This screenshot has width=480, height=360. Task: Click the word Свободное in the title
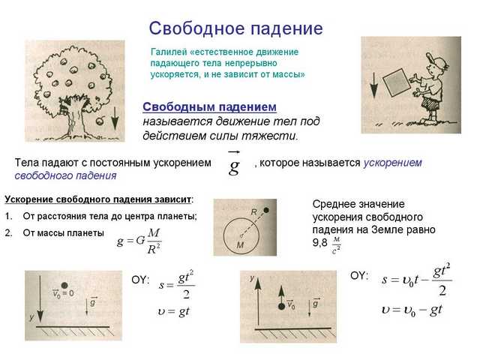pos(197,28)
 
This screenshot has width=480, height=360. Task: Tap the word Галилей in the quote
pos(169,52)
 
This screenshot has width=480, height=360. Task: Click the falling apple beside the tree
pos(100,121)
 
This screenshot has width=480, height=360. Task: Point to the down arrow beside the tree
pos(115,118)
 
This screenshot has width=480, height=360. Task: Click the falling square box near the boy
pos(397,82)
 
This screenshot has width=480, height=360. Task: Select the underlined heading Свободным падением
pos(210,106)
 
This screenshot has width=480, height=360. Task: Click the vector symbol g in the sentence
pos(234,163)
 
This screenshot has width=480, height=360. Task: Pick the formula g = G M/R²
pos(139,241)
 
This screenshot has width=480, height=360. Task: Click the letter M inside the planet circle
pos(240,244)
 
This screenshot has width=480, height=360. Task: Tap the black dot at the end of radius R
pos(266,210)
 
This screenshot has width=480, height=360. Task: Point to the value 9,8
pos(319,243)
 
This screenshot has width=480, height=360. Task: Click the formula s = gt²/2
pos(177,284)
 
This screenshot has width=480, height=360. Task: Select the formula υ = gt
pos(174,312)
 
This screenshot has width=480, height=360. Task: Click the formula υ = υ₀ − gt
pos(412,310)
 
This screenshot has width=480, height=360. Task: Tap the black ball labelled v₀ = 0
pos(64,285)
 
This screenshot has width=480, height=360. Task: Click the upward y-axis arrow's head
pos(258,283)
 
